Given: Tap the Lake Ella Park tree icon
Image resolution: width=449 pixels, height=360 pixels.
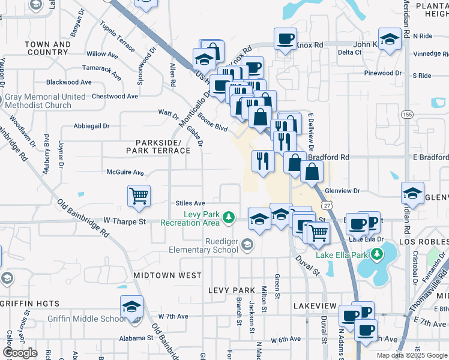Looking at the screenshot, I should pyautogui.click(x=376, y=254).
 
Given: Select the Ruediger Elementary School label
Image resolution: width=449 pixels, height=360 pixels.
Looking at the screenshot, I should pyautogui.click(x=203, y=245).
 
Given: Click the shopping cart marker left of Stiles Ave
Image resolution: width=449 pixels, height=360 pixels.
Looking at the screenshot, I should pyautogui.click(x=139, y=196).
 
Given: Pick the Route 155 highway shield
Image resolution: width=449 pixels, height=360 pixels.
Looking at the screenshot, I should pyautogui.click(x=407, y=115).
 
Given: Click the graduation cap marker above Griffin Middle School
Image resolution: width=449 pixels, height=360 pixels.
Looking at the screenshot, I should pyautogui.click(x=132, y=307).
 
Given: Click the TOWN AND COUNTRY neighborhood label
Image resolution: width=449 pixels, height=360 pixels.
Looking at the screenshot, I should pyautogui.click(x=48, y=49).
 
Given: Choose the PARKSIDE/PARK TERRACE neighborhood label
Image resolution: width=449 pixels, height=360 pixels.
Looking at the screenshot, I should pyautogui.click(x=154, y=146).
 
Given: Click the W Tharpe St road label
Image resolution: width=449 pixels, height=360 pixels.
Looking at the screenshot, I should pyautogui.click(x=125, y=221).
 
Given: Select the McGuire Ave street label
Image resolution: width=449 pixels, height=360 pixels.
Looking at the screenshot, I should pyautogui.click(x=126, y=173).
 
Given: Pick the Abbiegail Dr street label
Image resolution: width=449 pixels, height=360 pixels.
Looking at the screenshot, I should pyautogui.click(x=92, y=126).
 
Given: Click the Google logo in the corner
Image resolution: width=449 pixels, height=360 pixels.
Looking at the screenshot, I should pyautogui.click(x=20, y=353).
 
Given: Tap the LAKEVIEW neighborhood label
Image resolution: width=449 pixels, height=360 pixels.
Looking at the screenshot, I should pyautogui.click(x=316, y=306).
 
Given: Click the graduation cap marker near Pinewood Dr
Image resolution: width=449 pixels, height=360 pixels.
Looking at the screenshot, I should pyautogui.click(x=390, y=40).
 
